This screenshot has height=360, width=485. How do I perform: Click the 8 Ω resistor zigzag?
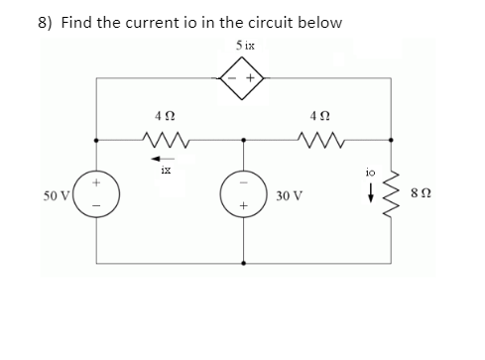point(400,203)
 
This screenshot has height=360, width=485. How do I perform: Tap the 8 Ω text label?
point(433,203)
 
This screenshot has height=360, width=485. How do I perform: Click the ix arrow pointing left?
point(162,157)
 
